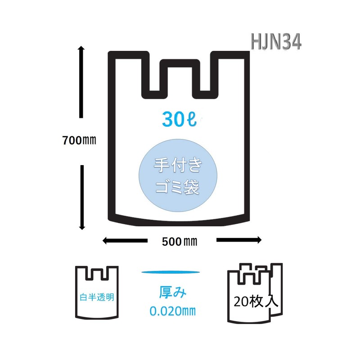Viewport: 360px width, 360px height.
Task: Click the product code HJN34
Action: coord(275,41)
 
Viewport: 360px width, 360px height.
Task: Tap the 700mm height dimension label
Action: coord(79,140)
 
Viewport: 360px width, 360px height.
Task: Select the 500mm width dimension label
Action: coord(179,242)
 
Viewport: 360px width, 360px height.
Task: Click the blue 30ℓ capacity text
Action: coord(179,119)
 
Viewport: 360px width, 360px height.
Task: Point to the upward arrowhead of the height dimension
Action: coord(81,49)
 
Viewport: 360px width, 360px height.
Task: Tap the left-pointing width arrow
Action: coord(125,241)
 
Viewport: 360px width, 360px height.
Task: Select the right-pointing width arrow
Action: coord(239,240)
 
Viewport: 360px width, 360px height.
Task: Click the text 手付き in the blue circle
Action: coord(178,165)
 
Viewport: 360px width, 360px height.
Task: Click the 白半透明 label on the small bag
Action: coord(97,297)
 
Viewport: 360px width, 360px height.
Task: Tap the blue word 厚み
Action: coord(173,292)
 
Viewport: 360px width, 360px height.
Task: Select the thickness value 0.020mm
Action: coord(173,311)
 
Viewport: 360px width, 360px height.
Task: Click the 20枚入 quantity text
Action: coord(256,301)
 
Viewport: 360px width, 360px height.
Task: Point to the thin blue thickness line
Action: coord(171,272)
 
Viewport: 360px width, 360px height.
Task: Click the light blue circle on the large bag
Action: coord(178,175)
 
